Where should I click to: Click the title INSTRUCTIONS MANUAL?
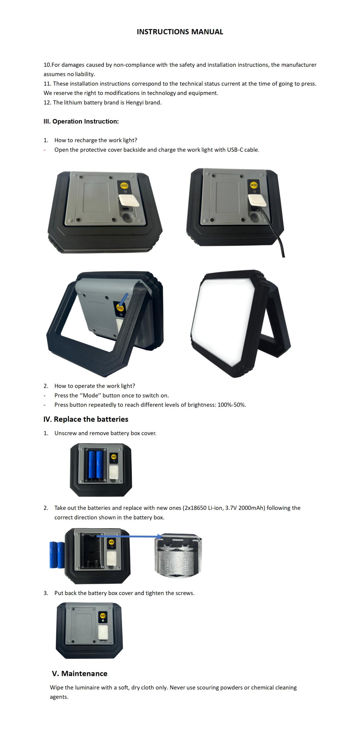(x=180, y=32)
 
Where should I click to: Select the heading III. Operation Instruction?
(x=81, y=121)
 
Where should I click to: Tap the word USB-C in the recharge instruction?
(x=235, y=150)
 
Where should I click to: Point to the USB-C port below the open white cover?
(x=125, y=209)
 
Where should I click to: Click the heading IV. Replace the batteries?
(x=86, y=419)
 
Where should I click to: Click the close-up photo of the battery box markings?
(x=178, y=556)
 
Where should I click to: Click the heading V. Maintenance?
(x=80, y=674)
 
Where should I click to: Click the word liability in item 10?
(x=85, y=74)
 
